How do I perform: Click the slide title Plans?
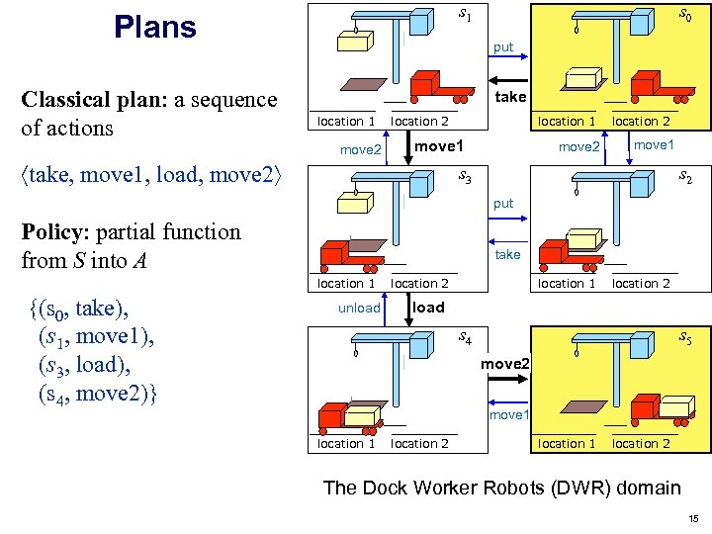[154, 27]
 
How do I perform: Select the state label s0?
[684, 15]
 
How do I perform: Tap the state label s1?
[465, 15]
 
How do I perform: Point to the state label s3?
[465, 178]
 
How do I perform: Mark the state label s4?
[465, 338]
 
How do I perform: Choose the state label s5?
[684, 338]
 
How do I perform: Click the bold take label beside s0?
[510, 96]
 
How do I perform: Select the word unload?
[359, 308]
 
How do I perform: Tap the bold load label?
[428, 307]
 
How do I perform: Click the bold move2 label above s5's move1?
[505, 364]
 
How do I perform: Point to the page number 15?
[693, 518]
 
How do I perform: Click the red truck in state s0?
[657, 86]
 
